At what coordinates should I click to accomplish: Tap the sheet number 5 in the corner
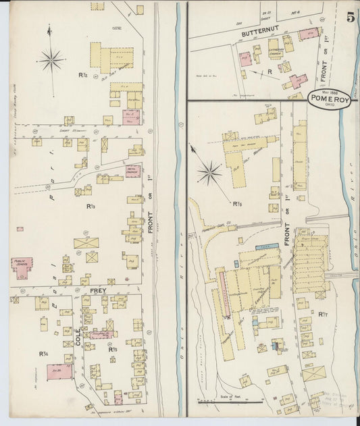(351, 18)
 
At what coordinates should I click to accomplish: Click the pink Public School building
(22, 267)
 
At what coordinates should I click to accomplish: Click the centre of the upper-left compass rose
(51, 61)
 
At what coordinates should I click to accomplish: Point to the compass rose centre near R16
(209, 174)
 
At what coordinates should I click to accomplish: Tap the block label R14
(43, 353)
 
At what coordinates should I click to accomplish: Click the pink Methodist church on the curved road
(132, 171)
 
